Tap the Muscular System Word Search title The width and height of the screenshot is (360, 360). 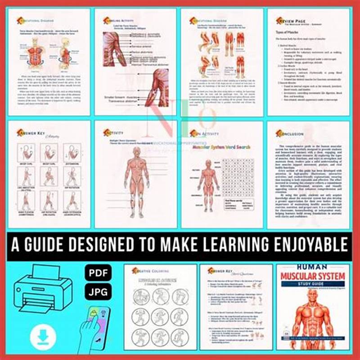(221, 146)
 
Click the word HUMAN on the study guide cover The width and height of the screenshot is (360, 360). (310, 267)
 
